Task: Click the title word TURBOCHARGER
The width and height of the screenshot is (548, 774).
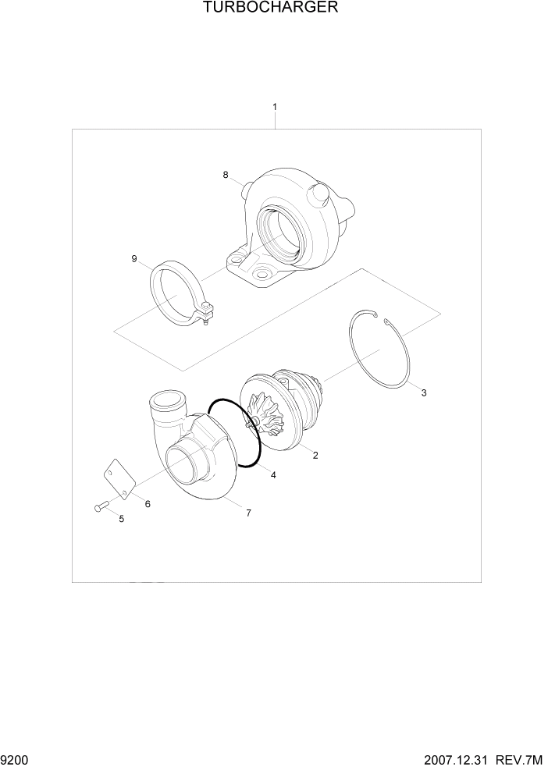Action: tap(271, 9)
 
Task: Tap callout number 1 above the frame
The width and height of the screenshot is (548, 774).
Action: tap(274, 106)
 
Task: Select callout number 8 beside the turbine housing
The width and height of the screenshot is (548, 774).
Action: tap(226, 175)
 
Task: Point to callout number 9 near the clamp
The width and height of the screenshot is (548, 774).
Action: tap(134, 258)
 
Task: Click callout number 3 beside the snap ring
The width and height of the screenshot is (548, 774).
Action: tap(424, 393)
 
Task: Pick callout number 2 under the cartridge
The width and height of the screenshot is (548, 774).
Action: tap(315, 456)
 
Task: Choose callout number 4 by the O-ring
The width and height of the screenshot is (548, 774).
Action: tap(272, 474)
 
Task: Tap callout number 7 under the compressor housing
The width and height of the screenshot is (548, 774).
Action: tap(248, 513)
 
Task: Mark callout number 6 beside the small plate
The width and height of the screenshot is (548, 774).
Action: tap(148, 504)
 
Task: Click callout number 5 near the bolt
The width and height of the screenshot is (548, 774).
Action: tap(121, 519)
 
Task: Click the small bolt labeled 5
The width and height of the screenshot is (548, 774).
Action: tap(98, 507)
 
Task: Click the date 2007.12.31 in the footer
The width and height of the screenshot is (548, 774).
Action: tap(457, 759)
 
